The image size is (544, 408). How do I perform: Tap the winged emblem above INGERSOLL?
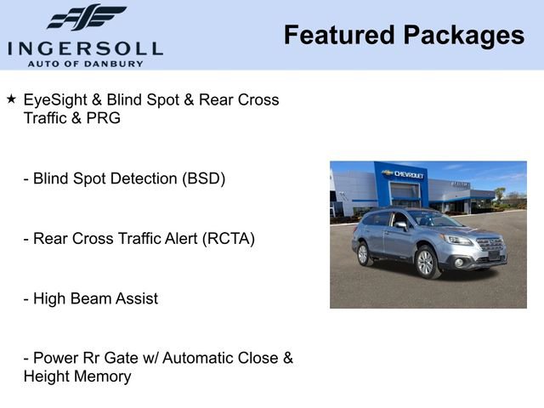point(87,18)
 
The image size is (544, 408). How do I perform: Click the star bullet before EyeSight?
point(11,99)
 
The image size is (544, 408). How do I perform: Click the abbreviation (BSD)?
point(201,179)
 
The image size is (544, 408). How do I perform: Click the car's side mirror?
point(399,226)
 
